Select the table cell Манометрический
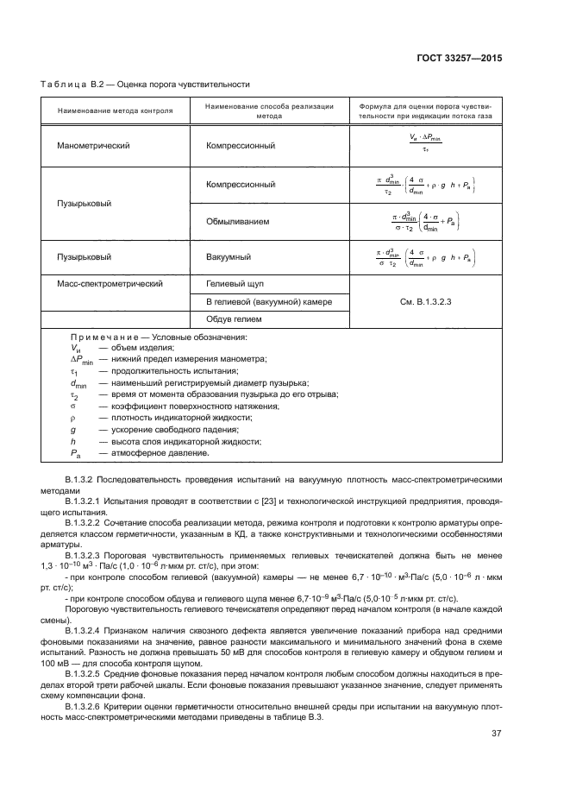[93, 146]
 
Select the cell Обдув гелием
[234, 319]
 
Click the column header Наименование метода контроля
[115, 111]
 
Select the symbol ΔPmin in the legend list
[82, 359]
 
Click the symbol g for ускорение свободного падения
[73, 429]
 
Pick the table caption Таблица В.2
[73, 85]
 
